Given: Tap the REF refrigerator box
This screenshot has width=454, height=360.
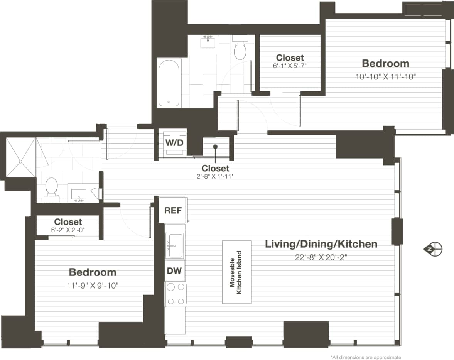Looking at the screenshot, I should pyautogui.click(x=173, y=210).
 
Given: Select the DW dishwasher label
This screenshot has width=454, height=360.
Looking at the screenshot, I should pyautogui.click(x=174, y=270).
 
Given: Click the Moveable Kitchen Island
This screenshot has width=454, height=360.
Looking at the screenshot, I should pyautogui.click(x=237, y=272).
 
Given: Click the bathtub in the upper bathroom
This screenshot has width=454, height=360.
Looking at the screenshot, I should pyautogui.click(x=169, y=83).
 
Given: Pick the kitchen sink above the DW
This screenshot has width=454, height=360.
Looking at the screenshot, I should pyautogui.click(x=174, y=245).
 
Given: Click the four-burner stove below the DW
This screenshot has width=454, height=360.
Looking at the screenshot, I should pyautogui.click(x=175, y=294).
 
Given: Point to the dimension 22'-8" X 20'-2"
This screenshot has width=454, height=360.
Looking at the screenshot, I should pyautogui.click(x=321, y=257).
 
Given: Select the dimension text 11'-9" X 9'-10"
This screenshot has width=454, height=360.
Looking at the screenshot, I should pyautogui.click(x=93, y=286).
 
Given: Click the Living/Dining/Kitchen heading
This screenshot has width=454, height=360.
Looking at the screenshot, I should pyautogui.click(x=321, y=244).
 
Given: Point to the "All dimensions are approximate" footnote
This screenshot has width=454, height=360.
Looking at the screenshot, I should pyautogui.click(x=366, y=357).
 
